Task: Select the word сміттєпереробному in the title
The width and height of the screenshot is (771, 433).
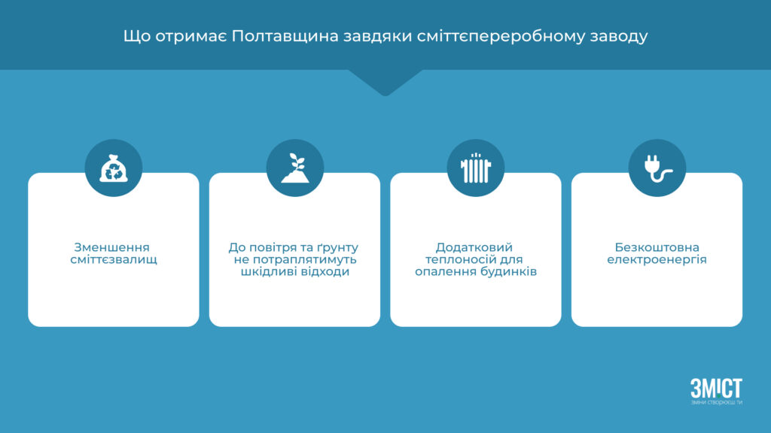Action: (501, 37)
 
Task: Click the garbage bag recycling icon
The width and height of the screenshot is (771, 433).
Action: (114, 168)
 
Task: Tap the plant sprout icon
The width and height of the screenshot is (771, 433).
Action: (295, 168)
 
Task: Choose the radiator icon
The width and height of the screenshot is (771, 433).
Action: (476, 168)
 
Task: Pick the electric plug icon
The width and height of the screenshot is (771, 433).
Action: (657, 168)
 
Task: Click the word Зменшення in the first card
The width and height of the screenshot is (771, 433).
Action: (111, 247)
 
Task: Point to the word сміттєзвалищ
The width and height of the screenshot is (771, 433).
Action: (114, 259)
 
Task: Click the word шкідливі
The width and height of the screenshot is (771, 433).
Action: (266, 271)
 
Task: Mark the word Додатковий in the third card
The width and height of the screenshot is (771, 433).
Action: (474, 247)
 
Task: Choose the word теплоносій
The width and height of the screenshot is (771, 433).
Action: (461, 259)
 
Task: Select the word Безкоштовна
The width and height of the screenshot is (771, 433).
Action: (657, 247)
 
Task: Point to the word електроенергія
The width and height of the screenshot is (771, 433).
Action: (657, 259)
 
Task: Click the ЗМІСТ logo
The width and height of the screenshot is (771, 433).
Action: (716, 388)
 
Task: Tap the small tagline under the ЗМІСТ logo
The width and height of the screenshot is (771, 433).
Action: (717, 403)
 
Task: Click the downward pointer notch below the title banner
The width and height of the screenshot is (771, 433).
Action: (385, 83)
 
